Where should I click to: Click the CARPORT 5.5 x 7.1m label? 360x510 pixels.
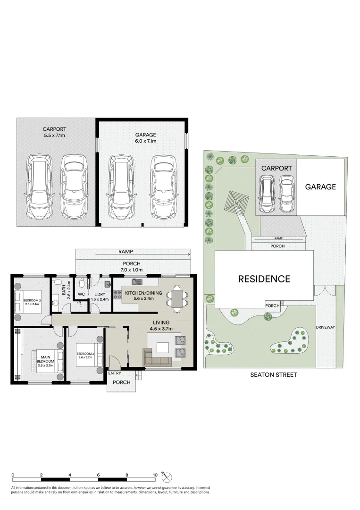pos(54,132)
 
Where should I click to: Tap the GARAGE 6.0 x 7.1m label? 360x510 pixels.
pos(145,137)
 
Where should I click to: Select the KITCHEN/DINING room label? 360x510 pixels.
pos(143,296)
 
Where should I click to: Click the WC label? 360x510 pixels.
pos(81,294)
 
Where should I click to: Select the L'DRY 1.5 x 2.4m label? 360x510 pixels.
pos(100,296)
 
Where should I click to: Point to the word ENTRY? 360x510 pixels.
pos(115,373)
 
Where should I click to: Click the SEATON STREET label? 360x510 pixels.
pos(274,375)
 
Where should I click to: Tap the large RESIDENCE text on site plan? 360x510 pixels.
pos(264,279)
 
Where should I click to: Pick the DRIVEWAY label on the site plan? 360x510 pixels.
pos(325,327)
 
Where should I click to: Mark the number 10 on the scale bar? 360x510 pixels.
pos(155,475)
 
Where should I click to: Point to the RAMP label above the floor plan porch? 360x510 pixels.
pos(126,252)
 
